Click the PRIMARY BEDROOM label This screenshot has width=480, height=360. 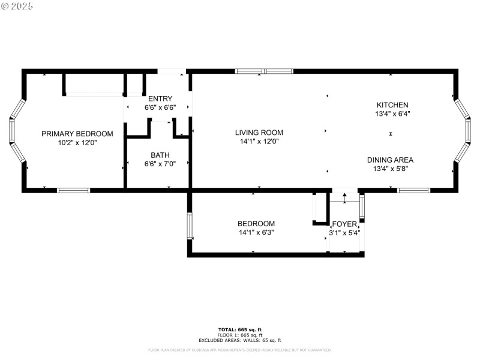tap(77, 134)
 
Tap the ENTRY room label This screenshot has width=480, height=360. tap(160, 98)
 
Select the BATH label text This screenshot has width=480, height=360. tap(160, 155)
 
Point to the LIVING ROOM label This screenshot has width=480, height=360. tap(259, 133)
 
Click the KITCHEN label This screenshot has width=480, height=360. tap(392, 104)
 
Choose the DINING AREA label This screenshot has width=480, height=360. tap(390, 160)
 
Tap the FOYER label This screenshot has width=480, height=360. tap(344, 223)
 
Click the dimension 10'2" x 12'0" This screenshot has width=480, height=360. tap(77, 143)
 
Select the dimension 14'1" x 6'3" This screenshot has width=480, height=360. tap(256, 232)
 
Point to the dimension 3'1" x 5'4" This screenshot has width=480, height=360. tap(344, 232)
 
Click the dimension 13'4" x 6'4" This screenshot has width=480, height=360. tap(392, 113)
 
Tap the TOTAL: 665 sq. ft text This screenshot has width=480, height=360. tap(239, 330)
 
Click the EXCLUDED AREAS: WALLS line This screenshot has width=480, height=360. tap(239, 340)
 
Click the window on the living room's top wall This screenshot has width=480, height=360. tap(264, 71)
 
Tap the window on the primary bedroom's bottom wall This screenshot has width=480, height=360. tap(73, 190)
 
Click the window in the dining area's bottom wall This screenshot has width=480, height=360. tap(413, 190)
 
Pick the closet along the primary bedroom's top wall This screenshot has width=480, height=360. tap(94, 84)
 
